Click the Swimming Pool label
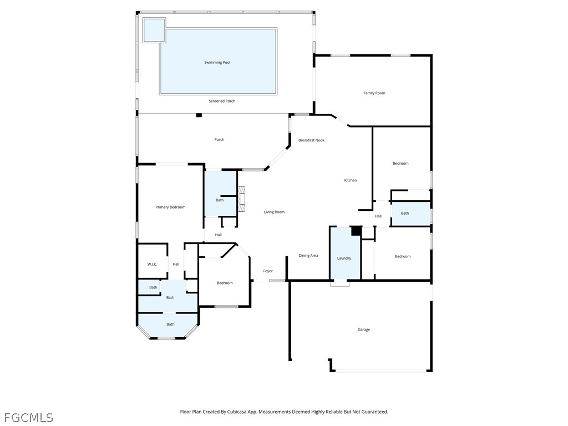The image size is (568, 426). (x=217, y=62)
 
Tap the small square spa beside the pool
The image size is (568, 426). (x=154, y=30)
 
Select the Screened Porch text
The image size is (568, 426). (x=222, y=101)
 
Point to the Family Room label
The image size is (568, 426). (x=374, y=93)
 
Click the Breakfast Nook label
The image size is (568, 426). (x=311, y=140)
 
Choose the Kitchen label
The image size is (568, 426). (x=351, y=180)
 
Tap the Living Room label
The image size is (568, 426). (x=274, y=212)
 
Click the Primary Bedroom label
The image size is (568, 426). (x=170, y=207)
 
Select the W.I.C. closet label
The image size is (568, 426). (x=152, y=265)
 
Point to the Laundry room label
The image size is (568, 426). (x=344, y=258)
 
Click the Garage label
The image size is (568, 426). (x=364, y=329)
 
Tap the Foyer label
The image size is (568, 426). (x=268, y=271)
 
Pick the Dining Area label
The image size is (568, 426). (x=308, y=255)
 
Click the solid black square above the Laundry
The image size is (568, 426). (x=356, y=231)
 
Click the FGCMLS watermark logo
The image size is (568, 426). (x=28, y=418)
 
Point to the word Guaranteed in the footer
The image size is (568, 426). (x=376, y=412)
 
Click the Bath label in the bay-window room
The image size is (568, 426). (x=170, y=324)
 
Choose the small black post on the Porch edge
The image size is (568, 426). (x=199, y=115)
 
